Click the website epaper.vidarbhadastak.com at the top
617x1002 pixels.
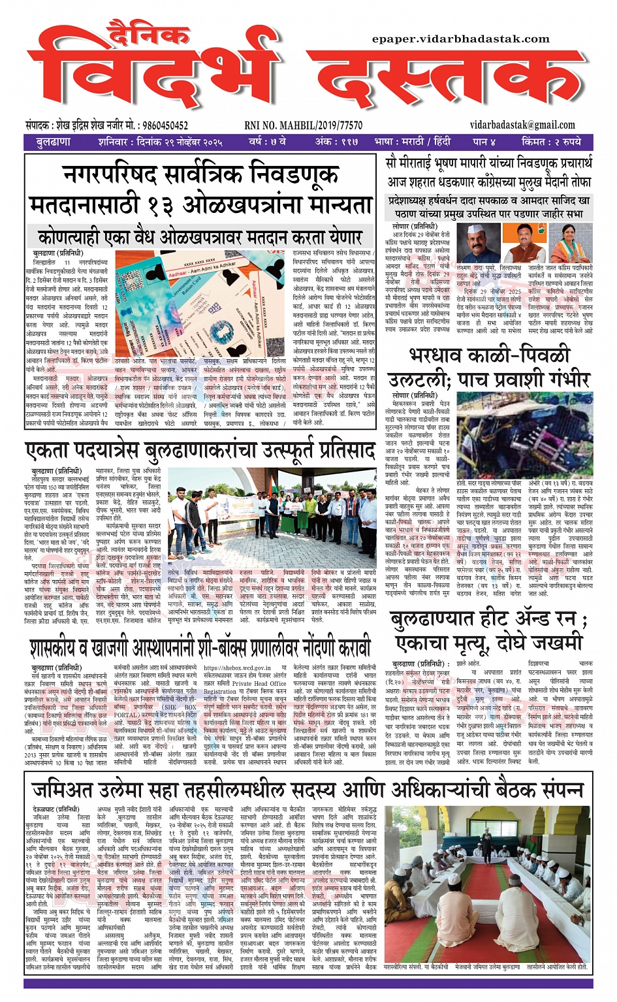pyautogui.click(x=460, y=39)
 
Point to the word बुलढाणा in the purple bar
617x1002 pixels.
pyautogui.click(x=53, y=142)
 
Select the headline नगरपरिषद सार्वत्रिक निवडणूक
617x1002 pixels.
pyautogui.click(x=200, y=174)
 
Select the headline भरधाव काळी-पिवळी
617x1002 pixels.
pyautogui.click(x=490, y=355)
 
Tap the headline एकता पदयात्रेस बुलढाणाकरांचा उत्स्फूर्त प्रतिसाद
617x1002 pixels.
pyautogui.click(x=200, y=451)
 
